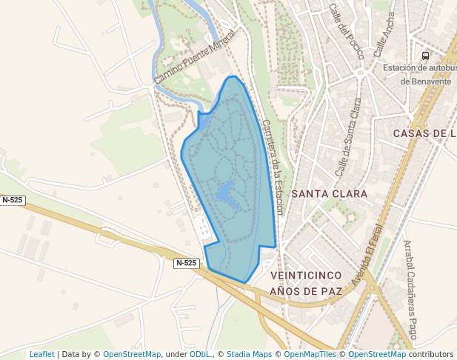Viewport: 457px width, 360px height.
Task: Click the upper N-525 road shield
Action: point(13,200)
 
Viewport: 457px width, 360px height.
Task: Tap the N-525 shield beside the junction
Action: point(187,263)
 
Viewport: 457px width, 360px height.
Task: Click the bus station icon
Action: point(425,56)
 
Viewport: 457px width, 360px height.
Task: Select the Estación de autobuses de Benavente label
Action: point(417,74)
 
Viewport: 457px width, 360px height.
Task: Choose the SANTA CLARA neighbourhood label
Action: point(330,193)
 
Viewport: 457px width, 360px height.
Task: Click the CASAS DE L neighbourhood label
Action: point(424,133)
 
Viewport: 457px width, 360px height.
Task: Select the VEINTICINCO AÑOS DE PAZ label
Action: point(306,283)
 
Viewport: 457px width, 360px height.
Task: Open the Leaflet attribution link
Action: point(41,355)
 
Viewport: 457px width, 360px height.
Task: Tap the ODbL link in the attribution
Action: point(199,355)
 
